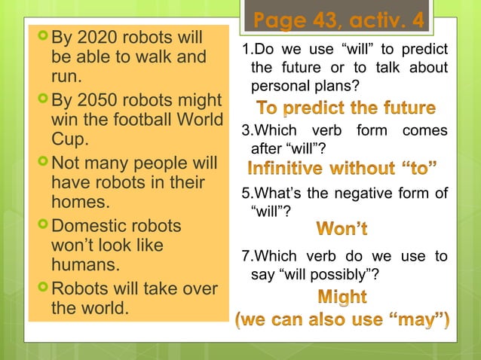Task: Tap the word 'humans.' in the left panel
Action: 84,265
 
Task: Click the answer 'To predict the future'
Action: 346,108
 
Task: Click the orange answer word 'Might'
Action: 342,297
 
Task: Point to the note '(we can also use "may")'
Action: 343,323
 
